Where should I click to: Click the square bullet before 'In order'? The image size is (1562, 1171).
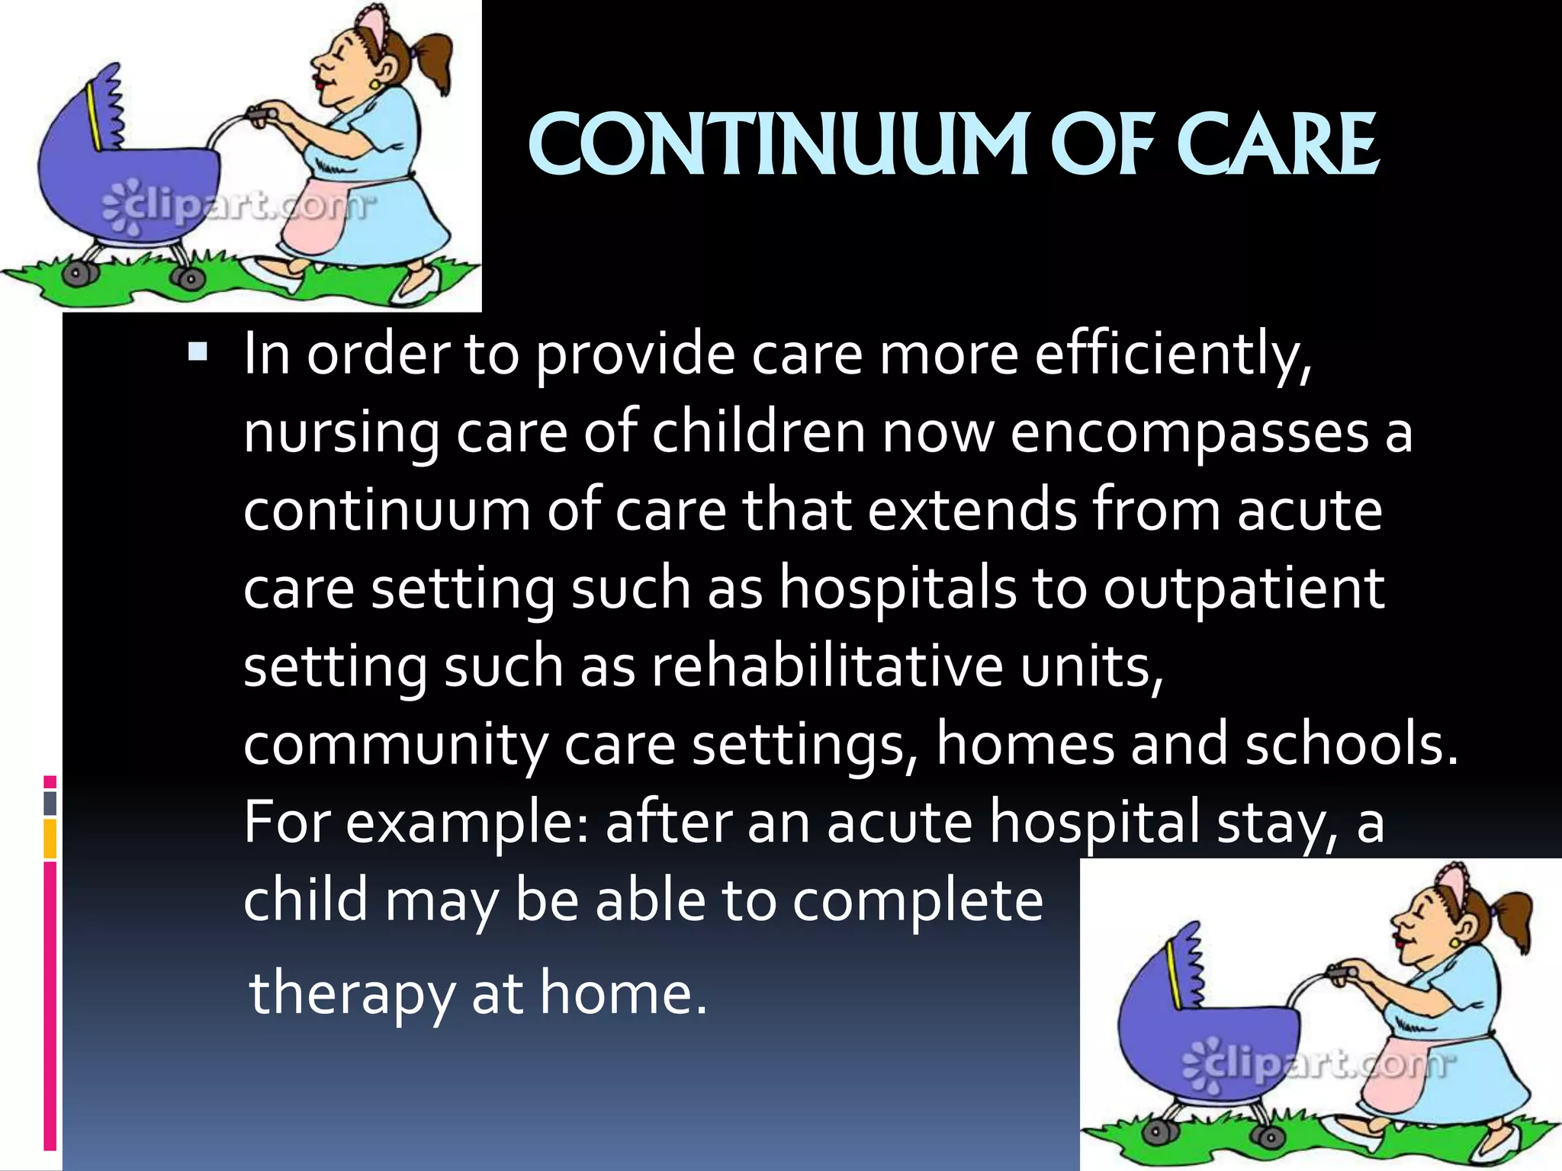point(198,352)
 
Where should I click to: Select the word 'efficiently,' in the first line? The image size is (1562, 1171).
point(1173,355)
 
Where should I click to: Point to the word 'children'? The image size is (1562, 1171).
point(759,433)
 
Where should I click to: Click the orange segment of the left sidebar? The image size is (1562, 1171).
point(50,839)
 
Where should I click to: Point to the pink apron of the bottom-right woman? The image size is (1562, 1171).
point(1396,1075)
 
